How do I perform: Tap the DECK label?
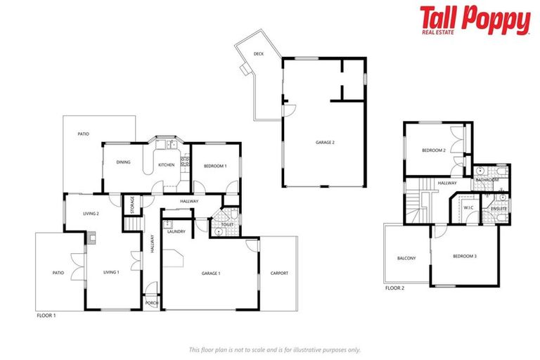click(x=259, y=53)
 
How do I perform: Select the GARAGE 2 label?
click(x=324, y=143)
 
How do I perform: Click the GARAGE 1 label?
click(x=211, y=273)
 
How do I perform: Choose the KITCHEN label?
click(x=167, y=165)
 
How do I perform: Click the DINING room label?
click(x=124, y=162)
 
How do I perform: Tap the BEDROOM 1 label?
click(x=215, y=166)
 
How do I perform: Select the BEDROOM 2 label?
click(x=434, y=150)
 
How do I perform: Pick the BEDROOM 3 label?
click(x=465, y=256)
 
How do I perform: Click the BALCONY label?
click(x=406, y=258)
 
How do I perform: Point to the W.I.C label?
click(x=468, y=207)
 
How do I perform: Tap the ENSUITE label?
click(x=499, y=209)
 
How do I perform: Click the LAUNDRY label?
click(x=176, y=231)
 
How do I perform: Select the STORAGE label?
click(x=131, y=205)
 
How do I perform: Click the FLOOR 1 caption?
click(x=46, y=316)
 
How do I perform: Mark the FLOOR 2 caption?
click(x=394, y=288)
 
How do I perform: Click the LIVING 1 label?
click(x=112, y=271)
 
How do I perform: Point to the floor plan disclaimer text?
click(x=274, y=349)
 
